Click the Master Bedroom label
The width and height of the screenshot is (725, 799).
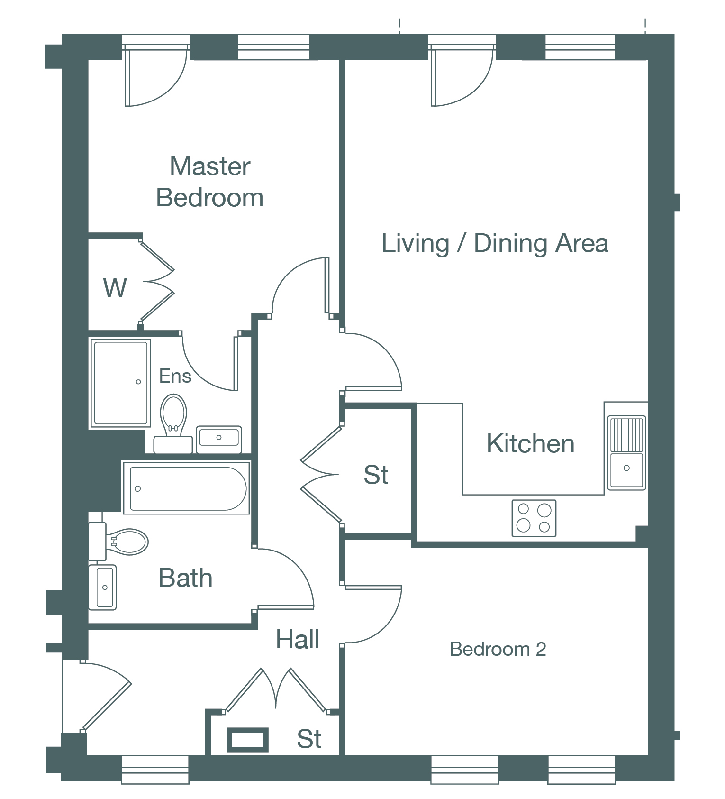(x=210, y=182)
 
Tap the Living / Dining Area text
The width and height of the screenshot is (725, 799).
(x=495, y=244)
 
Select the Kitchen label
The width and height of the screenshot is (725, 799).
(x=530, y=444)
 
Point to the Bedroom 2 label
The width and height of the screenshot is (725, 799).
(x=498, y=649)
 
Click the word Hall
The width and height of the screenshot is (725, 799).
(x=298, y=639)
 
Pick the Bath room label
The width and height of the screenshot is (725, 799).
(x=185, y=578)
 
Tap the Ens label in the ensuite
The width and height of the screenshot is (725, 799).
(x=175, y=376)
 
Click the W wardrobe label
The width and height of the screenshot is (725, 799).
(x=115, y=288)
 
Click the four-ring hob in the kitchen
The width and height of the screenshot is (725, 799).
(x=534, y=518)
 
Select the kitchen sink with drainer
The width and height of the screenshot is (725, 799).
(x=626, y=453)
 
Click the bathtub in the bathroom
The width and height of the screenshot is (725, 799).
(x=187, y=488)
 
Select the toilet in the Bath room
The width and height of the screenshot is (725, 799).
(x=118, y=542)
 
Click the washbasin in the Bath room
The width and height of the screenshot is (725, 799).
(x=102, y=587)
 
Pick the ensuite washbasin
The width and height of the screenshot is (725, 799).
(x=219, y=439)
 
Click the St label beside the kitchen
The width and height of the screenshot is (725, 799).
(x=376, y=475)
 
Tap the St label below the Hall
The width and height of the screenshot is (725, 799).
(x=309, y=739)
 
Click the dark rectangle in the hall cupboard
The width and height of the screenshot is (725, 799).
(x=248, y=740)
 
